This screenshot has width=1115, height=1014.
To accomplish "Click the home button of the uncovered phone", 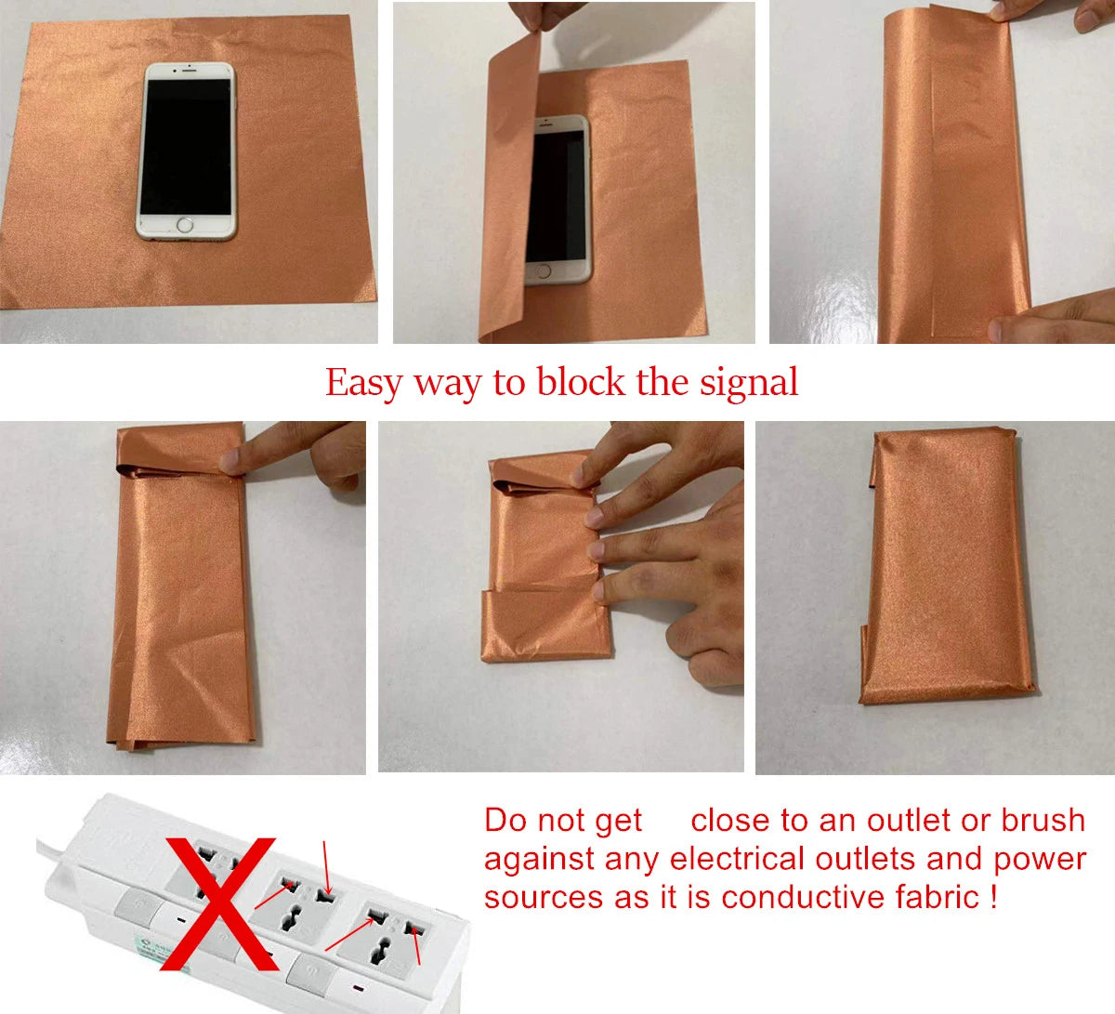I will pos(186,225).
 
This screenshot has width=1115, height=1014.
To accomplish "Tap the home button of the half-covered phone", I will pos(544,270).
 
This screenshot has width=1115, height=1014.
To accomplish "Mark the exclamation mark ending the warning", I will pos(993,897).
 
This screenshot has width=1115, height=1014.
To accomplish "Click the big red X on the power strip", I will pos(219,902).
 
